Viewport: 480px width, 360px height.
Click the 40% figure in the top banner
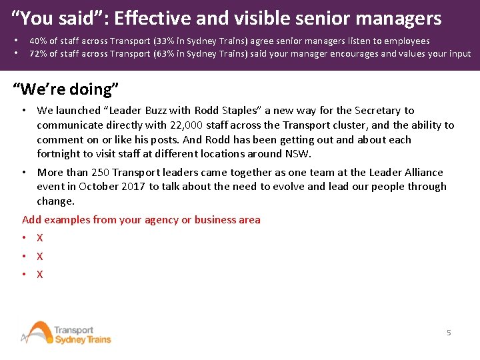point(37,41)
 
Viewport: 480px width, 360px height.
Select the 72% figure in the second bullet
point(37,53)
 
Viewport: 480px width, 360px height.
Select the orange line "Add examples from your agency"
point(141,220)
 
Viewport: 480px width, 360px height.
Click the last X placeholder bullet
point(40,274)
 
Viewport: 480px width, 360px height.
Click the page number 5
point(449,332)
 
